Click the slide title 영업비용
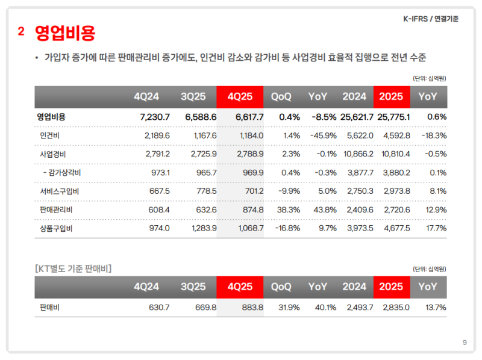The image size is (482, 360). click(x=65, y=33)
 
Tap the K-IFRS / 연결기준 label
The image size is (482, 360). click(x=430, y=19)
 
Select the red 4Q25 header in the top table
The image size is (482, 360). click(x=240, y=97)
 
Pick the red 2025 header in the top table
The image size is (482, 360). click(x=391, y=97)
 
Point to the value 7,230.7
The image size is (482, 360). click(x=154, y=117)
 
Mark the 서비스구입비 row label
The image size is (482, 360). click(x=55, y=191)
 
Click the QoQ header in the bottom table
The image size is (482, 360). click(x=281, y=287)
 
